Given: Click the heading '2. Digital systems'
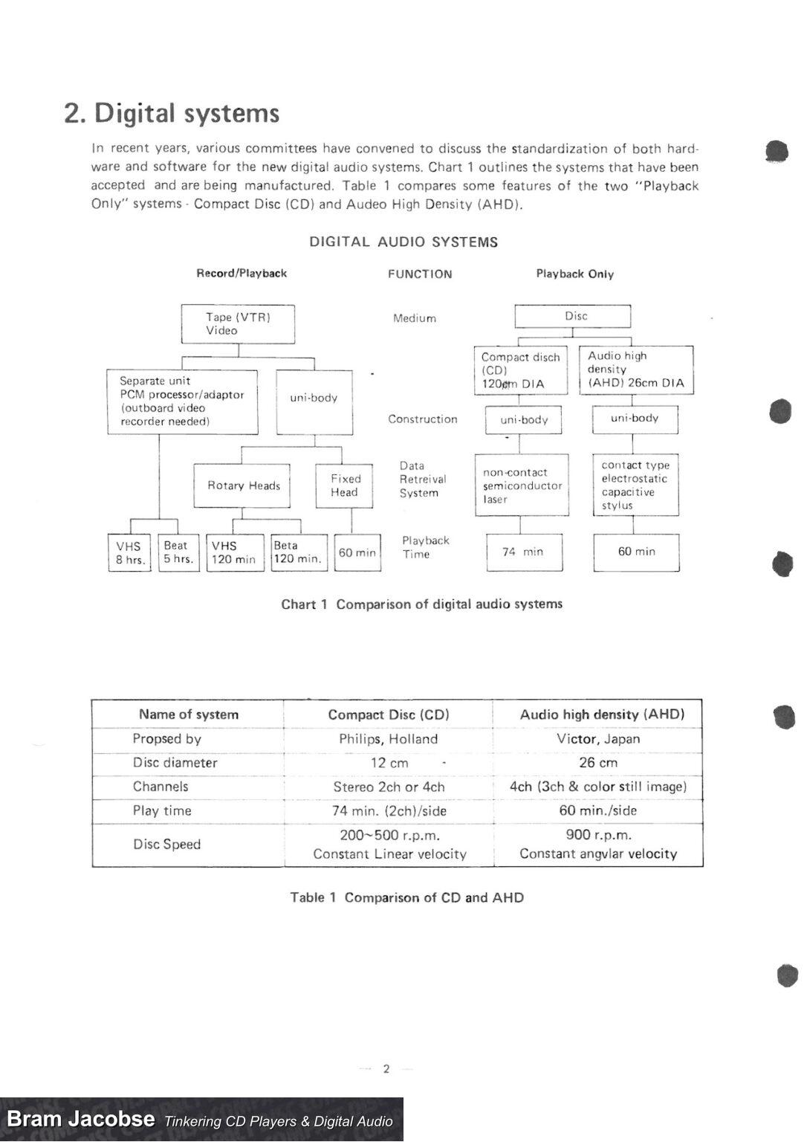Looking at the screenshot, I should (x=172, y=113).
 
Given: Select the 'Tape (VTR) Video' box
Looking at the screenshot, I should (x=238, y=324).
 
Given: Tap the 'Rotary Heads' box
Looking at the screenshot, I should (x=242, y=485).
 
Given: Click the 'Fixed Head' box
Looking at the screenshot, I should (x=344, y=485).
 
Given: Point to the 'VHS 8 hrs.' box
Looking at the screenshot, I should (x=129, y=552).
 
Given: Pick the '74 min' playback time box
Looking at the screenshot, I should (x=524, y=552).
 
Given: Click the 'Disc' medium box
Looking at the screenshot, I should (x=573, y=316).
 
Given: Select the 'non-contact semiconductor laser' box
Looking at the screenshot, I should (x=522, y=485).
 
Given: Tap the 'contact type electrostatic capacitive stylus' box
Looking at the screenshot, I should (x=635, y=485).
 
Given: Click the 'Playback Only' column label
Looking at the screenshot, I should (x=574, y=274).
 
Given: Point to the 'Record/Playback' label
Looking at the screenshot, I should (x=242, y=273).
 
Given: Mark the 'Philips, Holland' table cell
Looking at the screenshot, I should (x=388, y=739).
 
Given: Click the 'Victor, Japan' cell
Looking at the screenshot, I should (x=598, y=739).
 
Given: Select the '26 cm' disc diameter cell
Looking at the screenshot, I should (x=598, y=763).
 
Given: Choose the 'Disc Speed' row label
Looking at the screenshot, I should (x=166, y=844).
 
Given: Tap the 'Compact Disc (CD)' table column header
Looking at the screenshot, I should (x=389, y=714).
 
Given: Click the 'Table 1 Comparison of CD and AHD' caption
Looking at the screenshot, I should (x=406, y=897).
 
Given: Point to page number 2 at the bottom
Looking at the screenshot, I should (x=386, y=1069).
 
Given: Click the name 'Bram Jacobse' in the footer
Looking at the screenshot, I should (x=81, y=1119).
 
